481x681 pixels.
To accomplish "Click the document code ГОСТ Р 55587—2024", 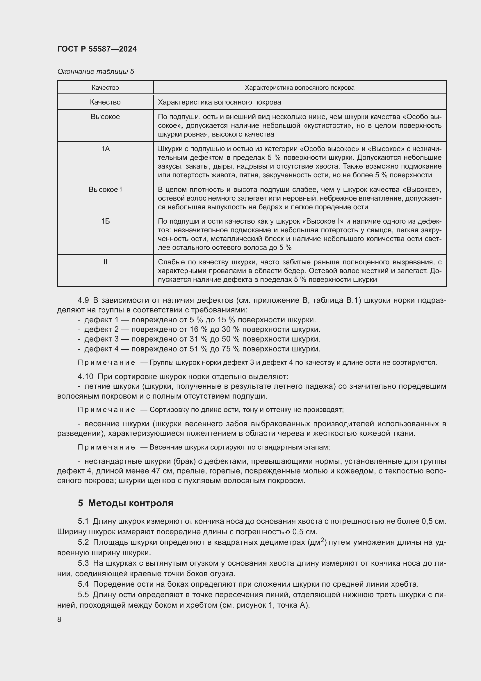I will [x=97, y=49].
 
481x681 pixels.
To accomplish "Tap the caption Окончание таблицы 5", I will [x=95, y=72].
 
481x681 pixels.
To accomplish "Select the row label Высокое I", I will [x=105, y=190].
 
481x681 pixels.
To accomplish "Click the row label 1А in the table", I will [x=105, y=148].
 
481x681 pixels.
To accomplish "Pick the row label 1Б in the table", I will [x=105, y=221].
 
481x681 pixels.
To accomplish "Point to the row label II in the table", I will [x=105, y=262].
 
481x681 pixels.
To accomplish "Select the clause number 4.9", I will [x=83, y=300].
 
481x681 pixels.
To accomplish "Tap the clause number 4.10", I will [x=85, y=377].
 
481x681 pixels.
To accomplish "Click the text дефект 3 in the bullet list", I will [x=101, y=339].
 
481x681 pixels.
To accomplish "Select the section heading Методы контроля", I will [x=131, y=503].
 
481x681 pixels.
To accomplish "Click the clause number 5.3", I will [x=83, y=563].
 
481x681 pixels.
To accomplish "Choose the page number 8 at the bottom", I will [x=59, y=619].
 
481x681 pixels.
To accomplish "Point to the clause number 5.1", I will [x=83, y=521].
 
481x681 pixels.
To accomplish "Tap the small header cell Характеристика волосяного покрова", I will [x=300, y=88].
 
